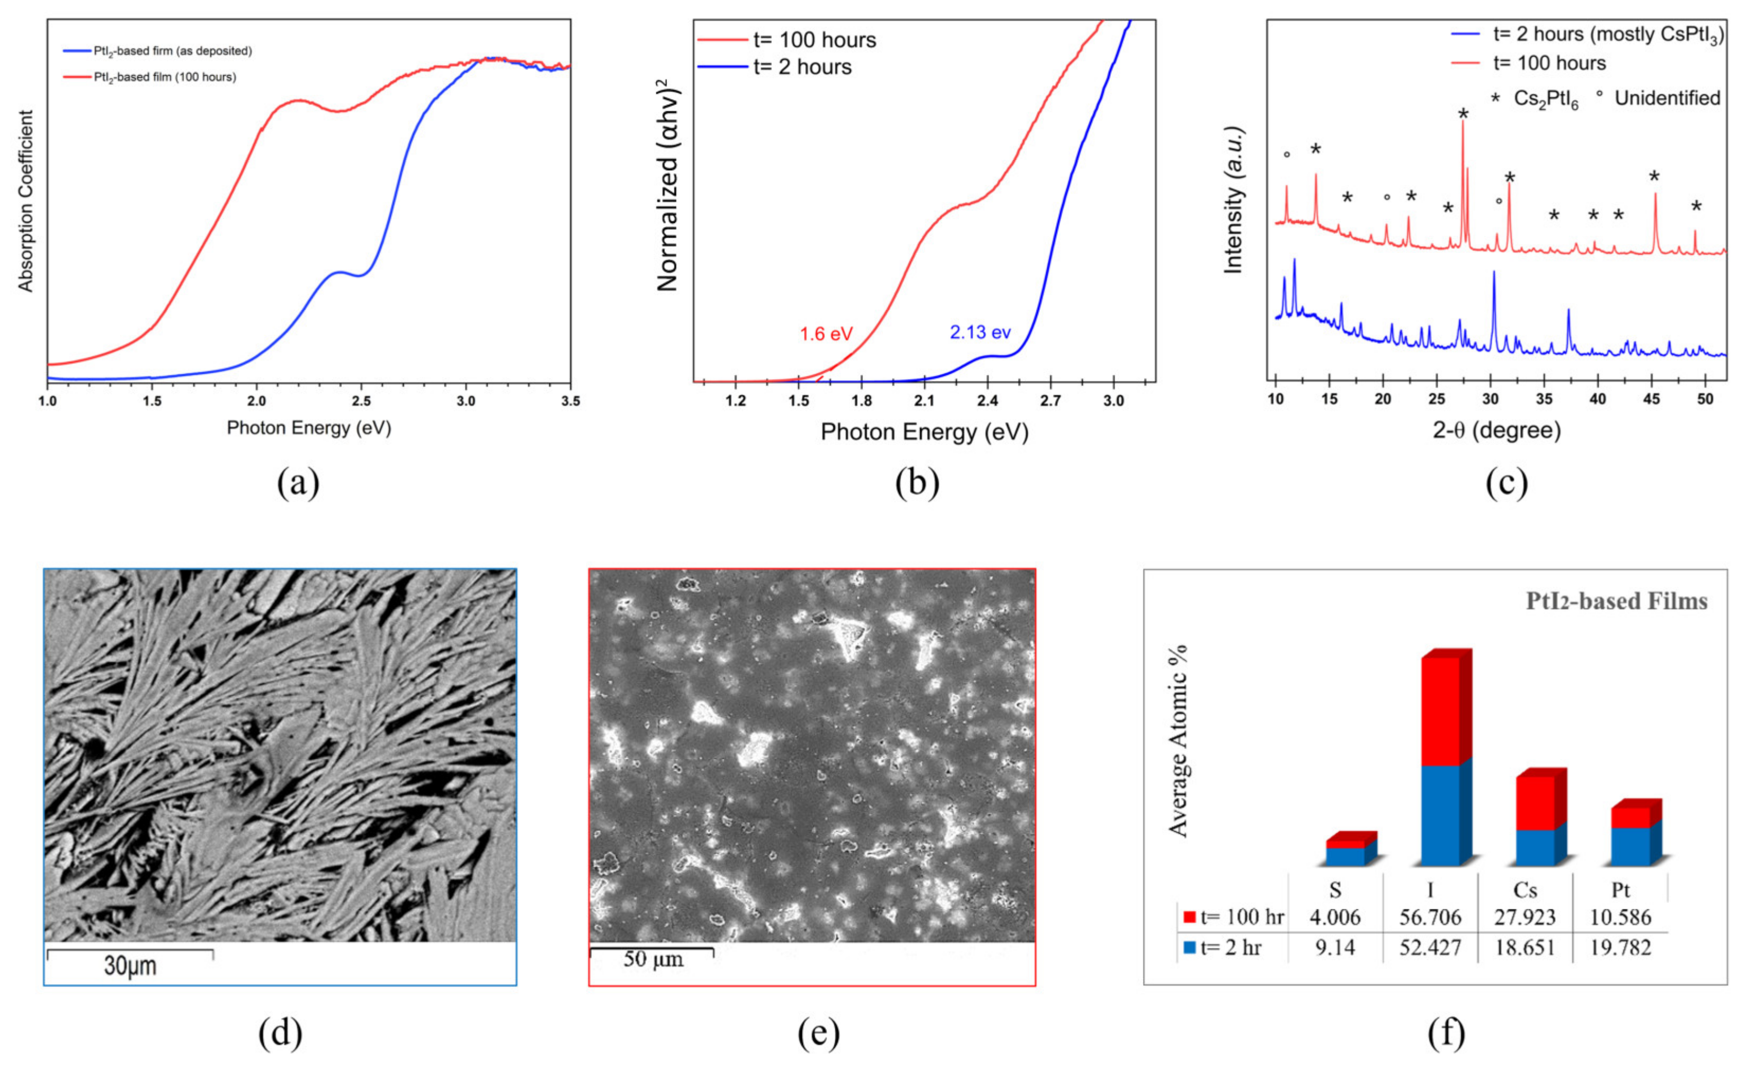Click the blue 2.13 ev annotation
(x=980, y=332)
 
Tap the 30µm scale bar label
(x=130, y=966)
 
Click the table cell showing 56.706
(x=1430, y=917)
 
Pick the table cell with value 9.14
(x=1335, y=948)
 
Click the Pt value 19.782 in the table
(x=1620, y=948)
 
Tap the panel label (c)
(x=1506, y=483)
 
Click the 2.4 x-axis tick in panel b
(x=987, y=401)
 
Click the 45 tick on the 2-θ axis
(x=1651, y=400)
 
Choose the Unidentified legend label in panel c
(x=1667, y=98)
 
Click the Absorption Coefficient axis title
(x=25, y=201)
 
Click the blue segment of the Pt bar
(x=1630, y=847)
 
